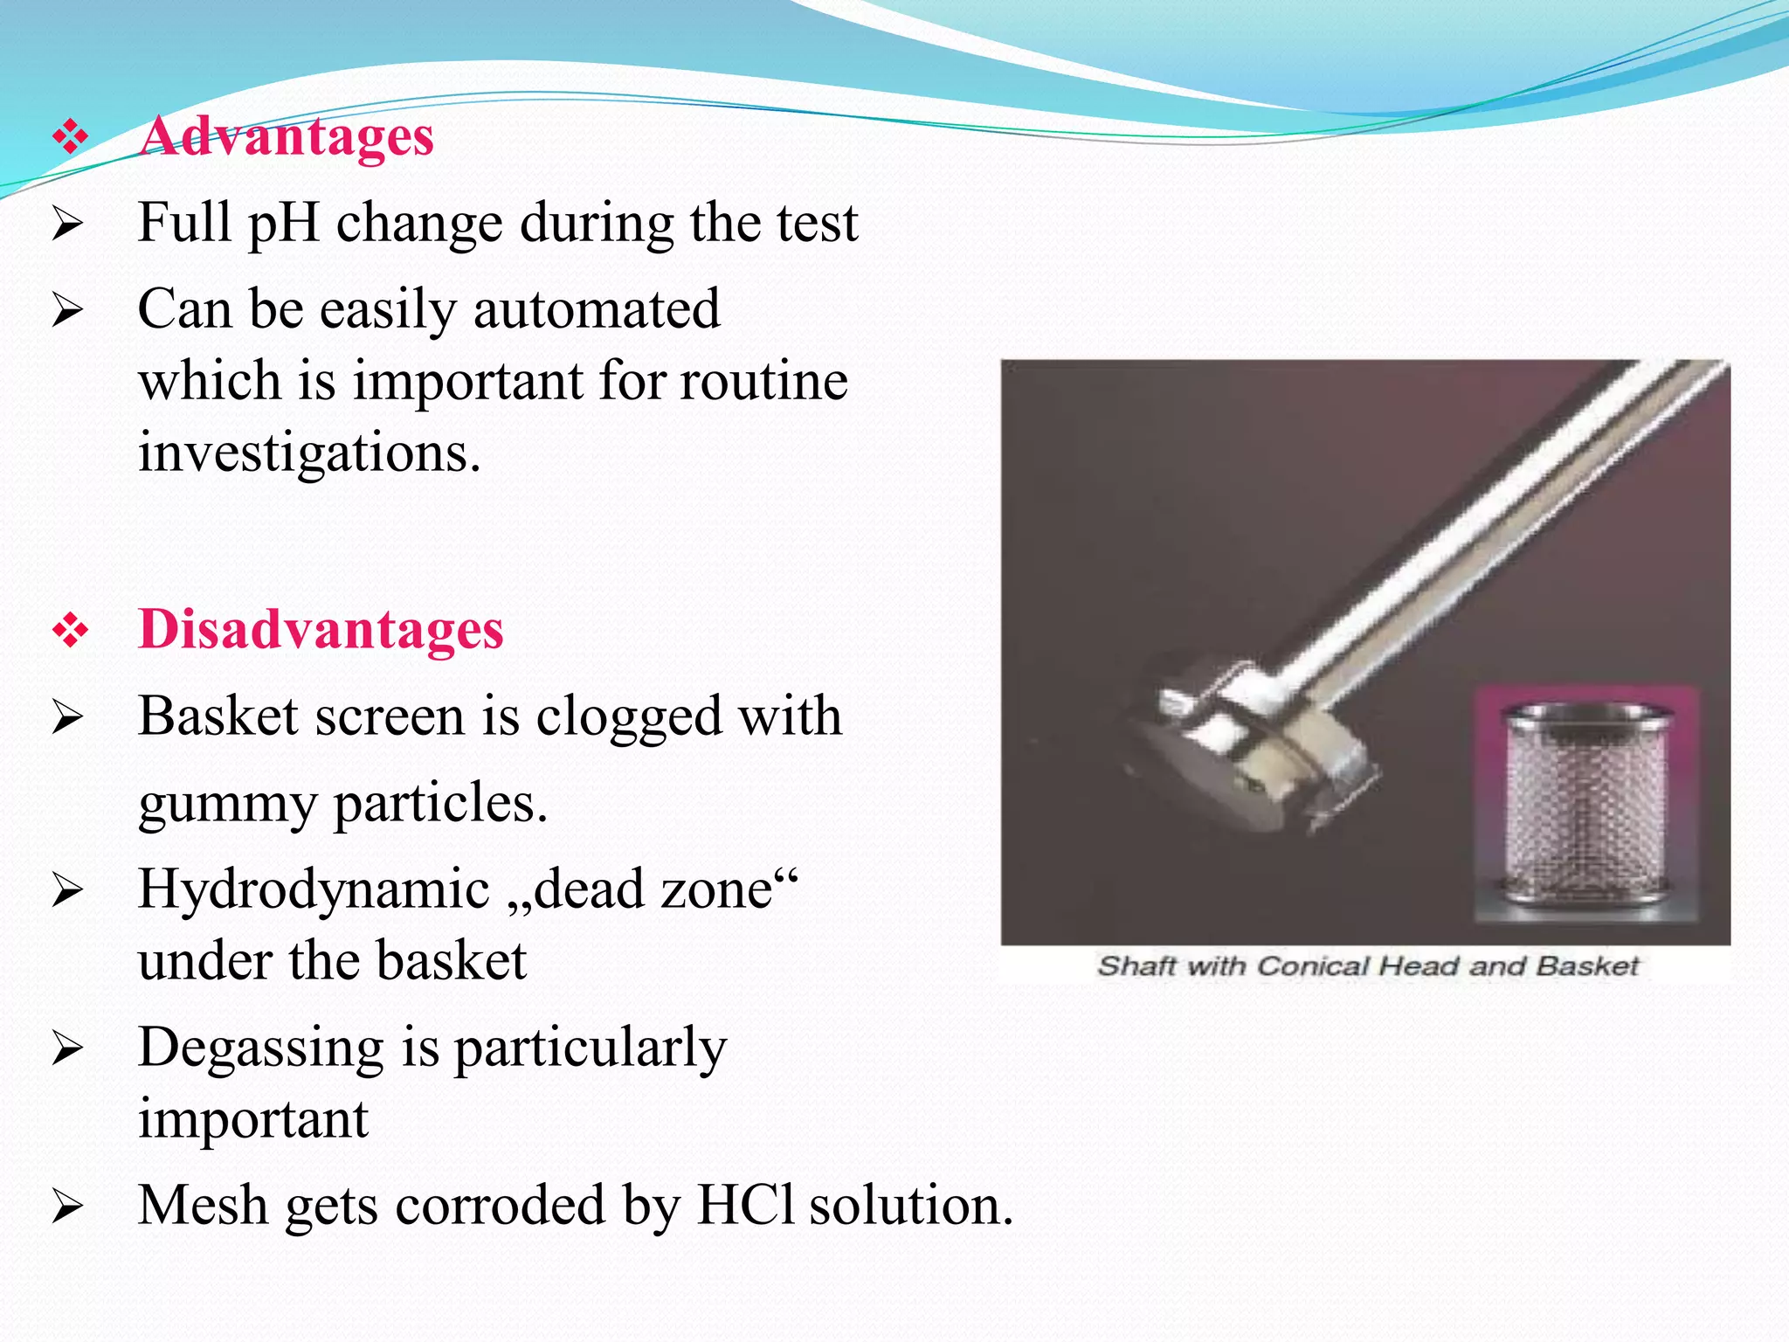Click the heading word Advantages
(x=287, y=137)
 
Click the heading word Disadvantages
(x=321, y=630)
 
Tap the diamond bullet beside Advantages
(x=70, y=137)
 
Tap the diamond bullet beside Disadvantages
(x=70, y=631)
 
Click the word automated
(x=597, y=309)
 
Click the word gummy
(x=227, y=804)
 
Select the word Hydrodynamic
(x=314, y=889)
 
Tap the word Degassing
(x=260, y=1047)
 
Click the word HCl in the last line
(x=745, y=1205)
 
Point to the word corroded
(x=500, y=1205)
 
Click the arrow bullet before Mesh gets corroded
(x=67, y=1207)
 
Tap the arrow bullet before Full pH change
(x=67, y=224)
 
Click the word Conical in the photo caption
(x=1314, y=966)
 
